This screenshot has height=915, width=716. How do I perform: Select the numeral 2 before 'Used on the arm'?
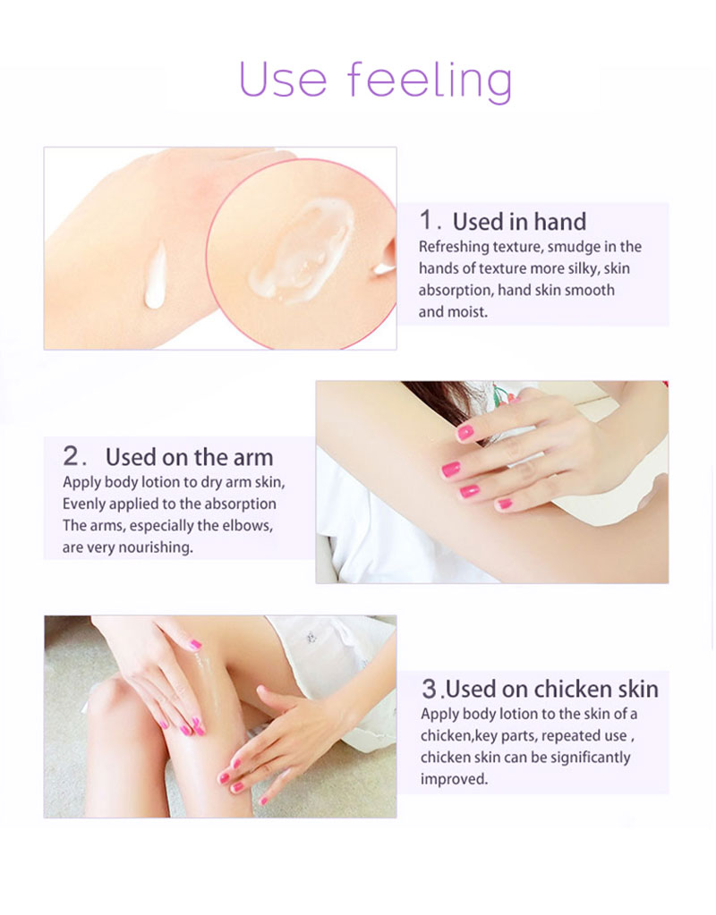pyautogui.click(x=72, y=456)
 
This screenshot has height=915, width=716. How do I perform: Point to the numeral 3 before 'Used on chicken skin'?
pyautogui.click(x=430, y=689)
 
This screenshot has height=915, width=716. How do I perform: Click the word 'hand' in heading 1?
pyautogui.click(x=557, y=221)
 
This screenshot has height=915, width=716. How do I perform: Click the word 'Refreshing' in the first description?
pyautogui.click(x=454, y=247)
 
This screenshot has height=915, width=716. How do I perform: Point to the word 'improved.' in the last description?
pyautogui.click(x=454, y=779)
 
